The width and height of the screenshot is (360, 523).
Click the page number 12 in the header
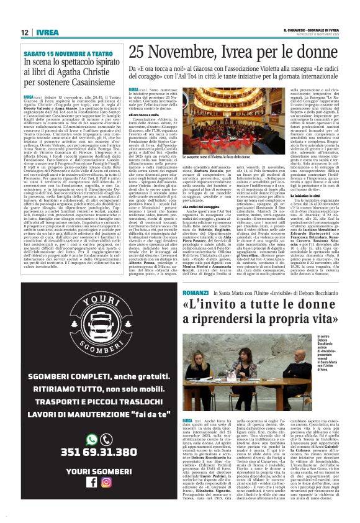[24, 32]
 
